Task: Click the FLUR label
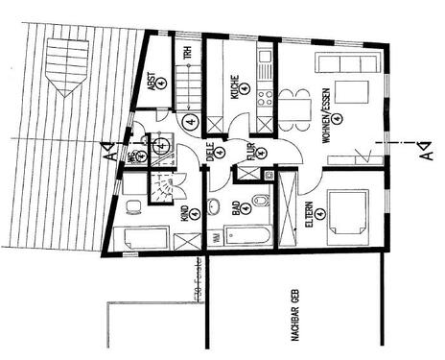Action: pos(250,151)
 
